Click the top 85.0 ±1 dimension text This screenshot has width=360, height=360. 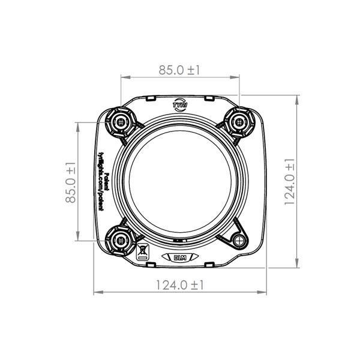(179, 70)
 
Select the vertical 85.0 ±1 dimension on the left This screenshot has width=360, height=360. (71, 181)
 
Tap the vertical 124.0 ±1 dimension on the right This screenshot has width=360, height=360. (289, 182)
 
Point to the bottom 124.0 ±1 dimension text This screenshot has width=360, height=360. (179, 285)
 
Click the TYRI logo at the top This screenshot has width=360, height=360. (179, 104)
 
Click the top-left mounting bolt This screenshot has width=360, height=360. (121, 122)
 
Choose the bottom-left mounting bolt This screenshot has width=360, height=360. (121, 240)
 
